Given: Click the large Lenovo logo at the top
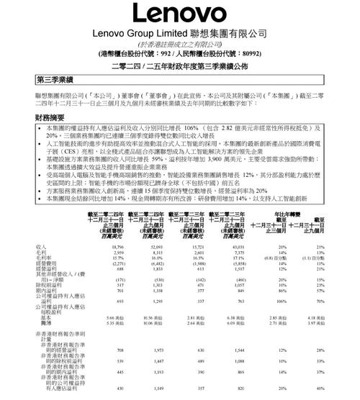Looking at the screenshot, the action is (x=180, y=14).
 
